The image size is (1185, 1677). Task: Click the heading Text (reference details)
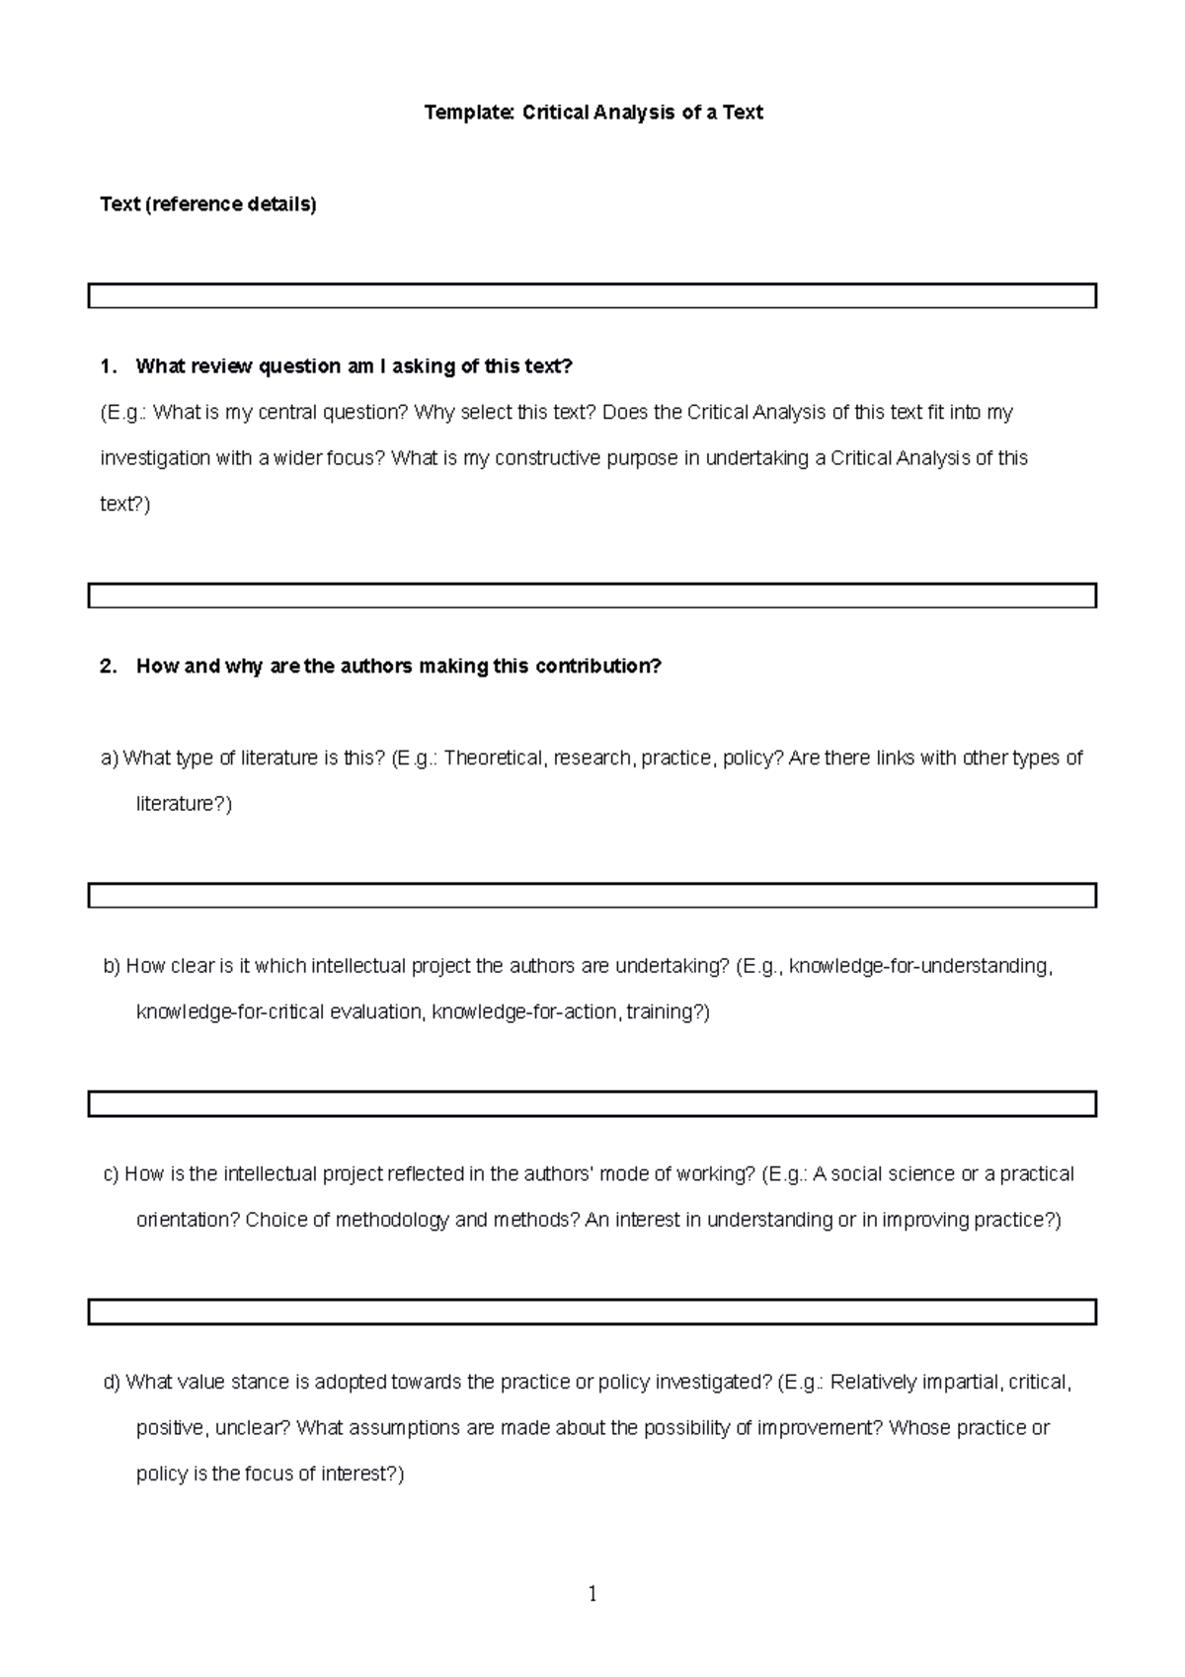click(x=208, y=204)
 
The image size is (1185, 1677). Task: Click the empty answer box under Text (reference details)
click(x=592, y=296)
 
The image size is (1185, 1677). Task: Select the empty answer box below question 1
click(x=592, y=596)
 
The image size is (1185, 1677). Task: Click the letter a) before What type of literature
click(x=109, y=759)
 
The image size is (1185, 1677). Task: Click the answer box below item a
click(x=592, y=896)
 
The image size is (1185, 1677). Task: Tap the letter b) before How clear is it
click(x=112, y=967)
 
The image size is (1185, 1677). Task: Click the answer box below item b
click(x=592, y=1104)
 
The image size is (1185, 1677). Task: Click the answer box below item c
click(x=592, y=1312)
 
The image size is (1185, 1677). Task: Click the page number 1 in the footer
click(x=592, y=1594)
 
